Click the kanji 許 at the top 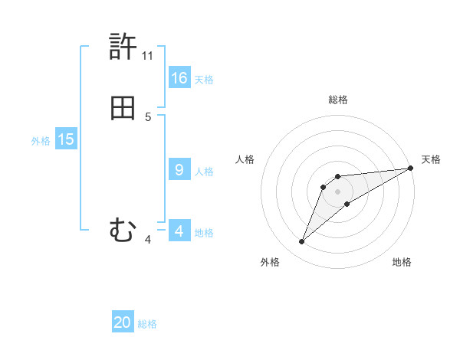tap(123, 47)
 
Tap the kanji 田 tap(123, 109)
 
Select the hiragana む tap(123, 229)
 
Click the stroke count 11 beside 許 tap(148, 56)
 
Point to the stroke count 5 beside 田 tap(148, 117)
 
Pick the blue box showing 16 tap(179, 78)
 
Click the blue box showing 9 tap(179, 170)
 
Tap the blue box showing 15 tap(66, 139)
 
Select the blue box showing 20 tap(123, 322)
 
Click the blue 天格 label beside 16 tap(204, 79)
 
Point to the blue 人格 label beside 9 tap(204, 171)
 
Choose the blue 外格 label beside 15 tap(41, 140)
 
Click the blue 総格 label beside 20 tap(147, 324)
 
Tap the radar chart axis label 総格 tap(338, 100)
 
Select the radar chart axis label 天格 tap(431, 159)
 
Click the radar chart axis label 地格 tap(402, 262)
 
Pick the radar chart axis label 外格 tap(270, 262)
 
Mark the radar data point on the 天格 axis tap(411, 168)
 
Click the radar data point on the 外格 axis tap(302, 242)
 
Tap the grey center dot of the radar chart tap(338, 191)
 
